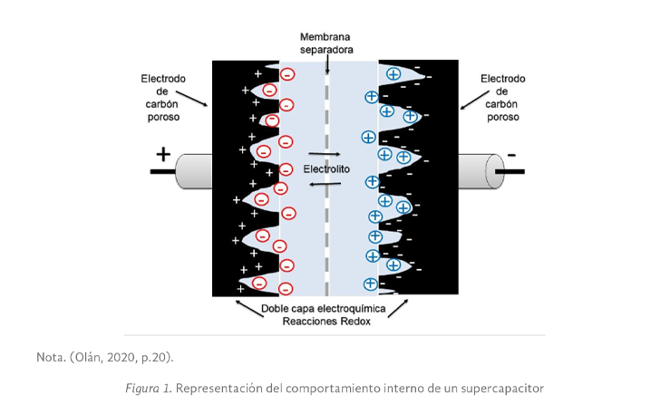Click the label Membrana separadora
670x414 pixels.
[326, 43]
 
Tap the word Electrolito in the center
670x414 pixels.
[328, 168]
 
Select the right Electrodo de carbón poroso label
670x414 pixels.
[502, 98]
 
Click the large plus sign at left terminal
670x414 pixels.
[163, 154]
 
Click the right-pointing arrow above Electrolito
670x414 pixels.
[325, 154]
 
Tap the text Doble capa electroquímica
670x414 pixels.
[322, 308]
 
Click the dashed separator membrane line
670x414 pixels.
[327, 181]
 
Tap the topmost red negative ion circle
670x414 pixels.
[287, 74]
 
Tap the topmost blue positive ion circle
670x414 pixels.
[393, 74]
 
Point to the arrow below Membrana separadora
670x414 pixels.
[326, 63]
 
